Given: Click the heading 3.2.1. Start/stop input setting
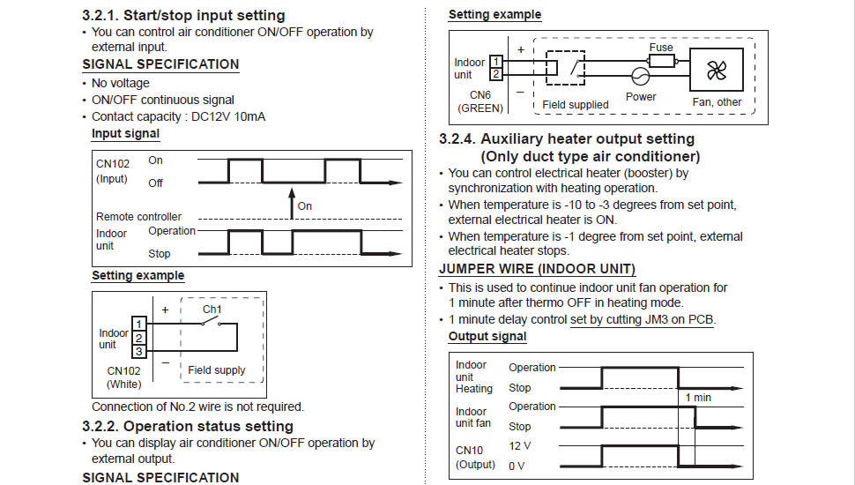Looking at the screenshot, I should click(x=183, y=15).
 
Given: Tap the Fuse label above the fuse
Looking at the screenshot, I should click(x=661, y=48).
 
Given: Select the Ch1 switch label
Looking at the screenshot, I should click(x=212, y=310).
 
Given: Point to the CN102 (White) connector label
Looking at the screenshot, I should click(x=124, y=377).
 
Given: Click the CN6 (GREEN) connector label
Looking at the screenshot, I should click(x=480, y=101).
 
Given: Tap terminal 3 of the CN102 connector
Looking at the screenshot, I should click(x=138, y=351).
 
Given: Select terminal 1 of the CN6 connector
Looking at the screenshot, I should click(x=496, y=62).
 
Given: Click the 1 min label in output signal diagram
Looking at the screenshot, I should click(x=698, y=398).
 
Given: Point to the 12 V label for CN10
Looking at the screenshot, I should click(x=520, y=446).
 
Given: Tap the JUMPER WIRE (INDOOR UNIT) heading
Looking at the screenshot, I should click(x=537, y=269).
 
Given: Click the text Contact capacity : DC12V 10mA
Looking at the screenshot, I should click(x=178, y=116).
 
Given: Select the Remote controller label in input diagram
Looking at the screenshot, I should click(x=138, y=216).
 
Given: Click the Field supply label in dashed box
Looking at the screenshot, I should click(x=217, y=370).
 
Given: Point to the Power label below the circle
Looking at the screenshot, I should click(x=641, y=97).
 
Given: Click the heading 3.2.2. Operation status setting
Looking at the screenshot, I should click(x=188, y=426).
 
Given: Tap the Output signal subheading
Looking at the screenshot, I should click(x=487, y=336).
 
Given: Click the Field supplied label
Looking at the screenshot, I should click(x=576, y=105).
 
